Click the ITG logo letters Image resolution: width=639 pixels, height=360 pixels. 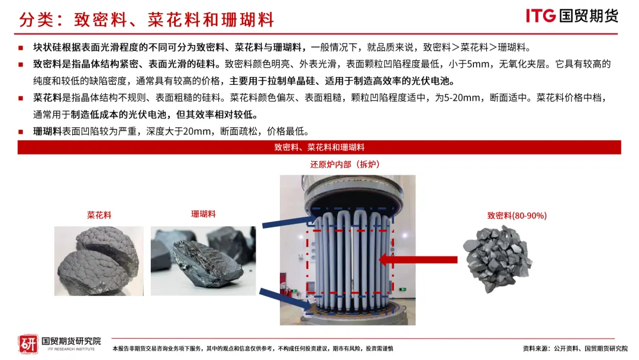tap(541, 16)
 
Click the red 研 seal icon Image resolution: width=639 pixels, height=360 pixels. tap(28, 344)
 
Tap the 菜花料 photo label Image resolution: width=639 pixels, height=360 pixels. tap(99, 215)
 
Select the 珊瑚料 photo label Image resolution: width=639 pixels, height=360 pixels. tap(204, 214)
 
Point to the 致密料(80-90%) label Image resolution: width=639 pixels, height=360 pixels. tap(517, 216)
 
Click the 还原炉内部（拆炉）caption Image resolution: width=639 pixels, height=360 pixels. tap(345, 164)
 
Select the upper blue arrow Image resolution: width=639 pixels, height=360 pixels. tap(289, 222)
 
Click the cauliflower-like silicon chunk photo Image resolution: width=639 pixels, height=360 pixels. tap(99, 261)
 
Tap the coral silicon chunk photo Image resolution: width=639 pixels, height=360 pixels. tap(204, 261)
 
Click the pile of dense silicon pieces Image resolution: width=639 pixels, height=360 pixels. tap(498, 259)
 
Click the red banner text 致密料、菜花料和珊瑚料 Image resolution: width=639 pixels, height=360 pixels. tap(319, 147)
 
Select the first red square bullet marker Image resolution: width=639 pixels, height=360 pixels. tap(21, 48)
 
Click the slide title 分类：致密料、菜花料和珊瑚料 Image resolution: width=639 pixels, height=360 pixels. tap(147, 20)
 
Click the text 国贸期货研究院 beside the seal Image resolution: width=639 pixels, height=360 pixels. tap(72, 341)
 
